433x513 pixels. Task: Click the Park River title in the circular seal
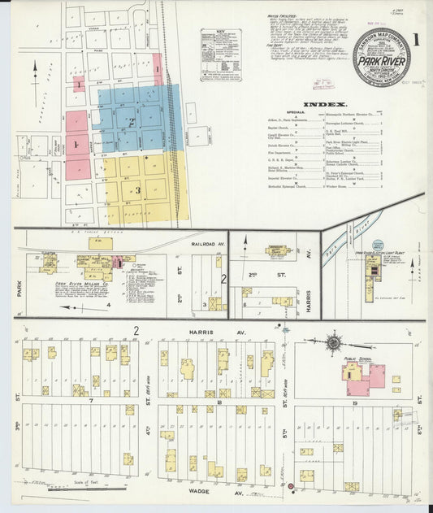(x=381, y=58)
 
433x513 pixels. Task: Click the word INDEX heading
(x=324, y=105)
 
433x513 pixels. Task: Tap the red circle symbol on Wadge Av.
(x=290, y=486)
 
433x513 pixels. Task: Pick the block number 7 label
(x=92, y=401)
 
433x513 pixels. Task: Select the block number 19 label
(x=356, y=402)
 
